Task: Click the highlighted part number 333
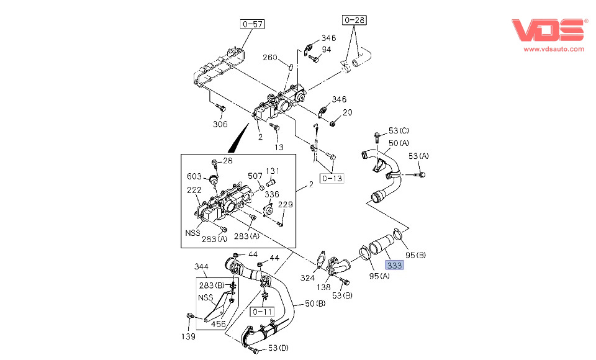(x=394, y=266)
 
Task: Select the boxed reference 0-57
(x=253, y=24)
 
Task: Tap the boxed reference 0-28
(x=354, y=20)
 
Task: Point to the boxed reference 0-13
(x=331, y=179)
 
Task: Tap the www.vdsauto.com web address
(x=554, y=49)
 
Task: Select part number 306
(x=220, y=124)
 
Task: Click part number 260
(x=269, y=58)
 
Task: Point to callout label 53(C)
(x=399, y=131)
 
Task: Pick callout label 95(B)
(x=416, y=255)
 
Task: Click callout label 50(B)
(x=315, y=304)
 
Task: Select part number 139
(x=188, y=336)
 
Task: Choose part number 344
(x=201, y=266)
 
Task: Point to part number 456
(x=218, y=324)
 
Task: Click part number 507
(x=255, y=176)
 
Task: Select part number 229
(x=285, y=205)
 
